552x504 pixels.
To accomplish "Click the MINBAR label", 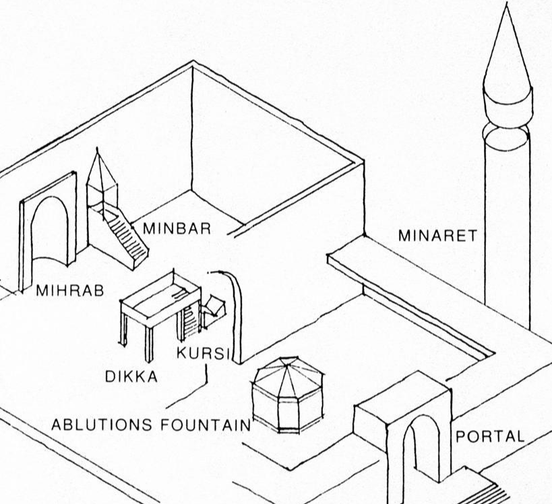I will pyautogui.click(x=177, y=228).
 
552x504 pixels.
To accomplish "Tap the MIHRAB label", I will pyautogui.click(x=70, y=292).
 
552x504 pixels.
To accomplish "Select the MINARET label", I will pyautogui.click(x=437, y=236).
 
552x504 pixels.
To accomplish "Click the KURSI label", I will pyautogui.click(x=203, y=354).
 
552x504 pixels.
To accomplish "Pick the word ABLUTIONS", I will pyautogui.click(x=104, y=425).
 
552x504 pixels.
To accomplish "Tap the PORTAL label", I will pyautogui.click(x=490, y=436).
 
